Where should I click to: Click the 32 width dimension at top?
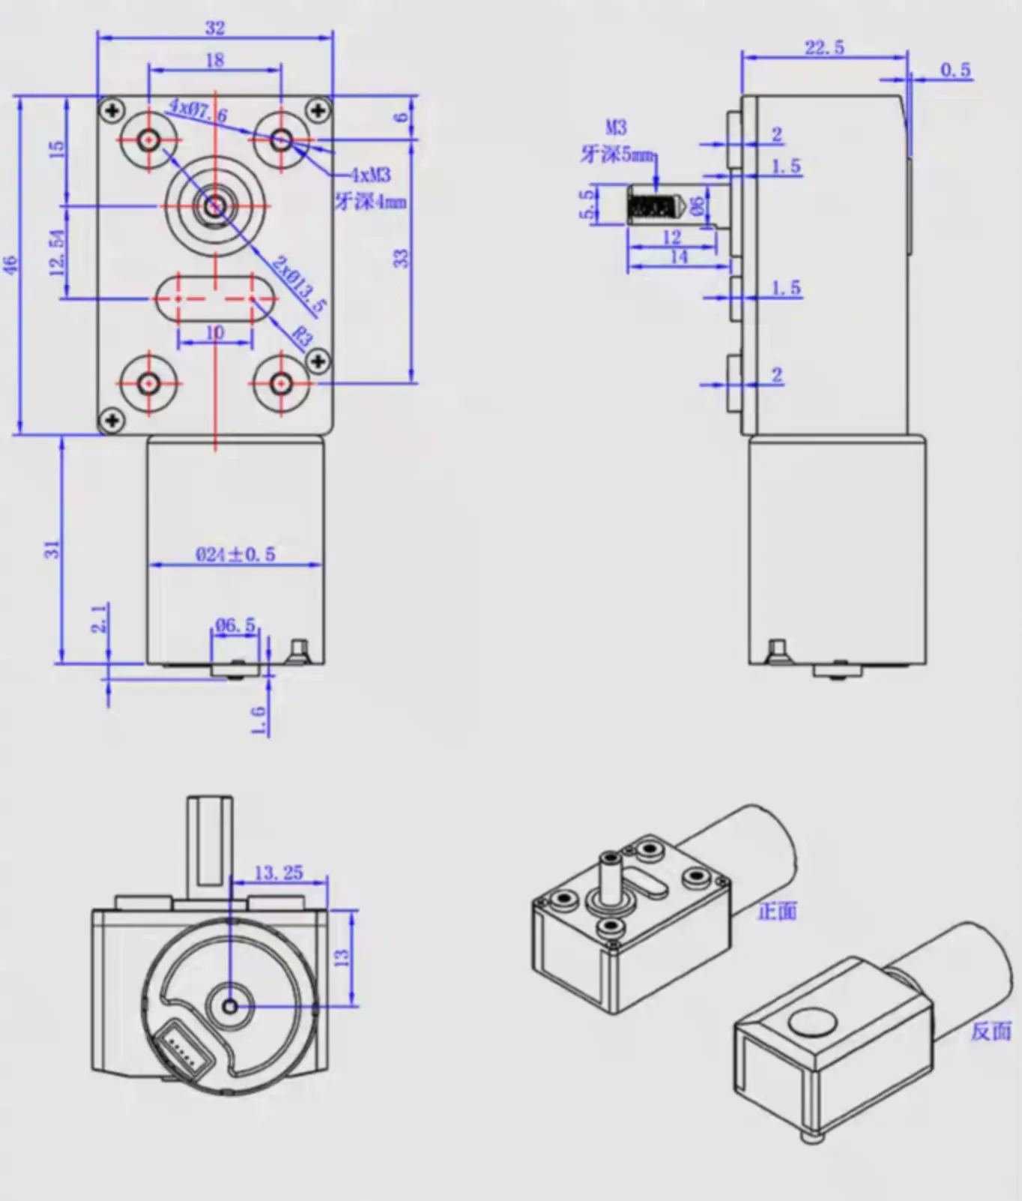pyautogui.click(x=214, y=28)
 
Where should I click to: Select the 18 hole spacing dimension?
pyautogui.click(x=214, y=60)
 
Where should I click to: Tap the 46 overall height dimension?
pyautogui.click(x=10, y=265)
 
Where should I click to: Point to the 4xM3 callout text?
pyautogui.click(x=372, y=175)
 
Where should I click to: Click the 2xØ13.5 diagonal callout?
pyautogui.click(x=299, y=284)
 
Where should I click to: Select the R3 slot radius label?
pyautogui.click(x=301, y=336)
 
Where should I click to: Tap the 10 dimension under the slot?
pyautogui.click(x=214, y=332)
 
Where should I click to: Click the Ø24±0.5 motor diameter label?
pyautogui.click(x=235, y=555)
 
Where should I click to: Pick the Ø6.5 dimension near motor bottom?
pyautogui.click(x=235, y=624)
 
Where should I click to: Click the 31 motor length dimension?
pyautogui.click(x=52, y=549)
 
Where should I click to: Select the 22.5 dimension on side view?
pyautogui.click(x=824, y=48)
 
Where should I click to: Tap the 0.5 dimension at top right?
pyautogui.click(x=955, y=70)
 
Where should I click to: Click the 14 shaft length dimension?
pyautogui.click(x=678, y=257)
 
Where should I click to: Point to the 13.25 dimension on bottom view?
pyautogui.click(x=279, y=873)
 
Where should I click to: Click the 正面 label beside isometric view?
pyautogui.click(x=777, y=911)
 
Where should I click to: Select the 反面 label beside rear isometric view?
pyautogui.click(x=991, y=1031)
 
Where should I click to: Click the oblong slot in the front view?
pyautogui.click(x=215, y=298)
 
